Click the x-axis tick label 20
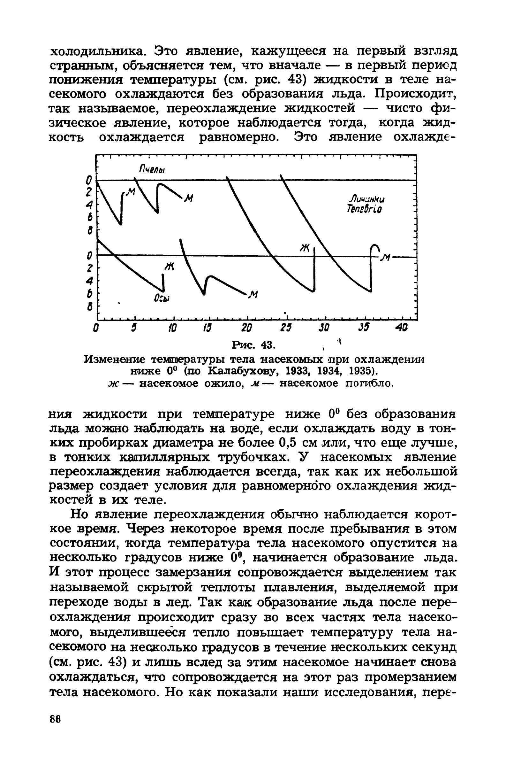point(247,328)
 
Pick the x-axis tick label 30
point(324,328)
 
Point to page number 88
point(56,727)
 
